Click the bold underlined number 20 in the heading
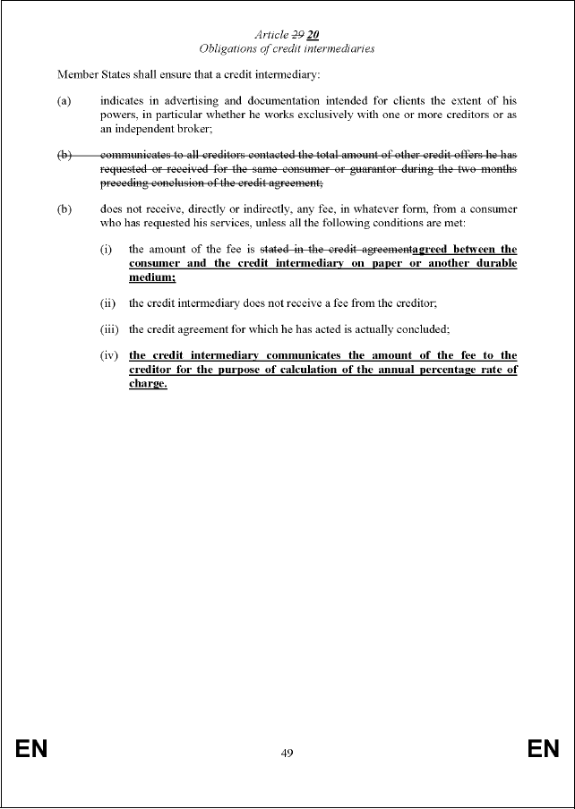point(313,35)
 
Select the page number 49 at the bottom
point(287,753)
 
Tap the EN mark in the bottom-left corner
point(30,750)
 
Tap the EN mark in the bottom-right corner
point(543,750)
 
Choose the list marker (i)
point(107,249)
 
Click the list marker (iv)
point(109,357)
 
